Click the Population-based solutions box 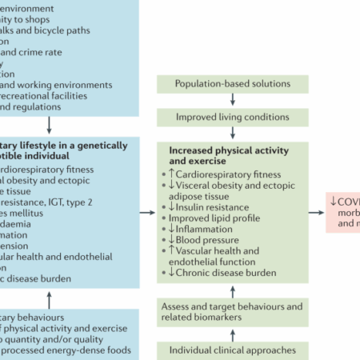click(232, 83)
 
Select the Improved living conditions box click(232, 118)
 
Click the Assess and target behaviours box click(232, 312)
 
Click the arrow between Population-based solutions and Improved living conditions click(232, 100)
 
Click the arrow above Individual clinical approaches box click(232, 331)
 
